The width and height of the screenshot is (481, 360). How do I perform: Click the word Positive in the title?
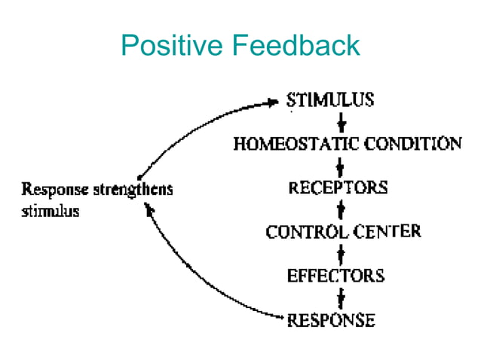point(172,47)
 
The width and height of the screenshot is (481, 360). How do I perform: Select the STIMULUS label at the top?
point(329,100)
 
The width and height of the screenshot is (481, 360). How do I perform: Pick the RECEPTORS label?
point(338,188)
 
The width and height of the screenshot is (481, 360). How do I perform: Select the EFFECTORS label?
point(335,275)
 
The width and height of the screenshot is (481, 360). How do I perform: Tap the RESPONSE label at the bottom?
point(331,320)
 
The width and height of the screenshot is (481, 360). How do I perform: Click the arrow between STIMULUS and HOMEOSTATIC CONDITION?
point(342,122)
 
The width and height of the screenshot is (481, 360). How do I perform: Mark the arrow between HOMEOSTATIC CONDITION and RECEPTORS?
point(342,166)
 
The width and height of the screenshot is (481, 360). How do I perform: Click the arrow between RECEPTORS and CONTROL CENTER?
point(342,209)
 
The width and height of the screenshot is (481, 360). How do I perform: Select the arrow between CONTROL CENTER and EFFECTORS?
point(342,253)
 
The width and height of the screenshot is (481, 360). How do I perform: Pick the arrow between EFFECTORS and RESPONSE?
point(342,297)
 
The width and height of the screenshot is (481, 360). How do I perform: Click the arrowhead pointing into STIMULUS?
point(274,102)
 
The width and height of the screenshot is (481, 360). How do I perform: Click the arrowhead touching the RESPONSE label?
point(279,319)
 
